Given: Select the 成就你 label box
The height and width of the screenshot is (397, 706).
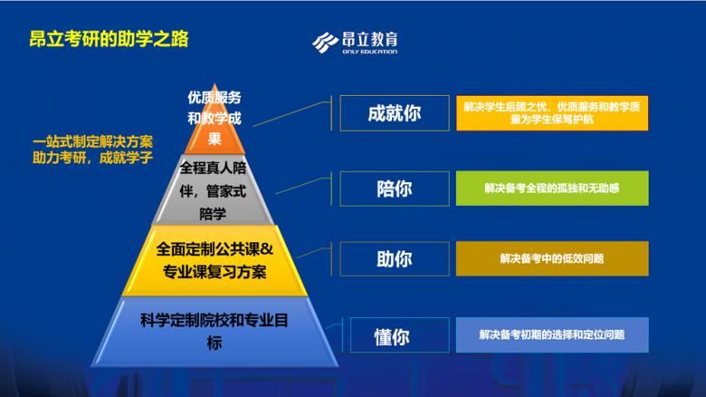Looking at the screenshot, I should (x=394, y=113).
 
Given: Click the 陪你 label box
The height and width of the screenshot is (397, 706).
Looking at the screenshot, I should (x=394, y=188).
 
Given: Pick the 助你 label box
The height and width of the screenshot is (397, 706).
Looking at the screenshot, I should (x=394, y=259).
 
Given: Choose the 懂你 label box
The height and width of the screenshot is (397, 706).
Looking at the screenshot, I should (x=394, y=335).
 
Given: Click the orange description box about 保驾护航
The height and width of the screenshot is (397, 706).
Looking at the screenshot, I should (x=551, y=113).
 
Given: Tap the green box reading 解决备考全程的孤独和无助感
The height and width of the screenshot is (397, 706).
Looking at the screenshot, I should (x=551, y=188).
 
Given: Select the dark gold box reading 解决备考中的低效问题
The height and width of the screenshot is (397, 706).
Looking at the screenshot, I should (x=551, y=259).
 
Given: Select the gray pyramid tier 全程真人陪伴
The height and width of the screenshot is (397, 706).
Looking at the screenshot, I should (x=215, y=190).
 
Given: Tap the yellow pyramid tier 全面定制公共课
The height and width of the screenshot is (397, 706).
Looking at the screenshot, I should (x=215, y=260).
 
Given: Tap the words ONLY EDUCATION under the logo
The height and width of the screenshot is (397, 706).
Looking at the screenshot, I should (x=371, y=52).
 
